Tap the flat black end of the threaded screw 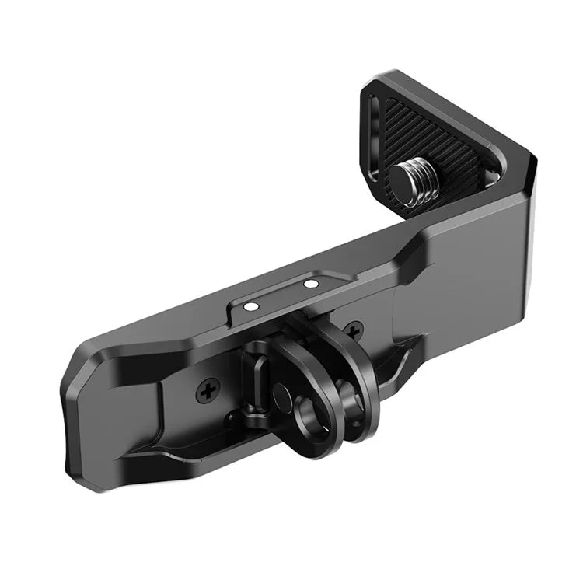tap(407, 173)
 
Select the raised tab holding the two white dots tap(280, 298)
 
